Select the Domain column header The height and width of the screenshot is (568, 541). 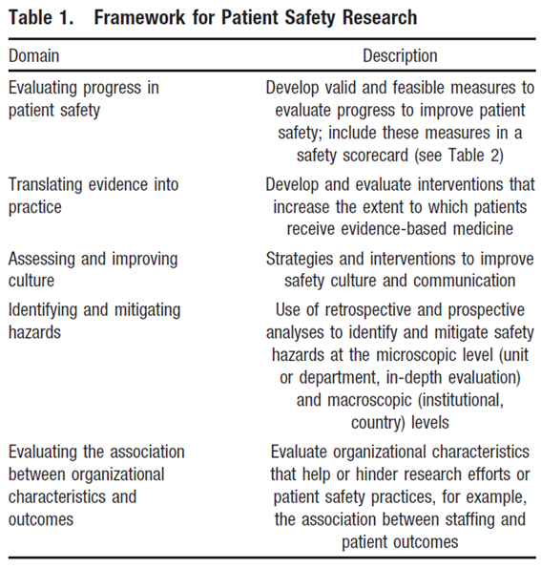pyautogui.click(x=34, y=56)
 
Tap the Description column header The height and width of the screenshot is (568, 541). pyautogui.click(x=400, y=56)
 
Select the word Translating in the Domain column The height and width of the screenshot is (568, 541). pyautogui.click(x=49, y=184)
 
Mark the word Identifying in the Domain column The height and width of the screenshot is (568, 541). pyautogui.click(x=49, y=309)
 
